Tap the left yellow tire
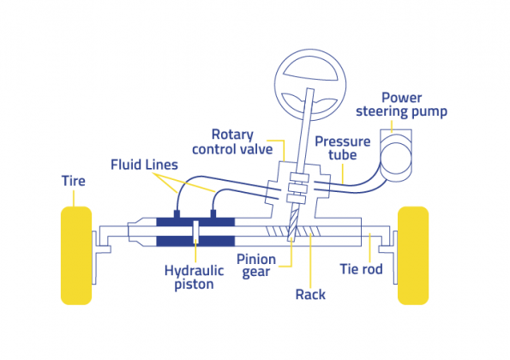(75, 255)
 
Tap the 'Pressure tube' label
(341, 148)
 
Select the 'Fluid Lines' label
(144, 163)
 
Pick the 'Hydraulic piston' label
(194, 276)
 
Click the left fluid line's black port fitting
(175, 212)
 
